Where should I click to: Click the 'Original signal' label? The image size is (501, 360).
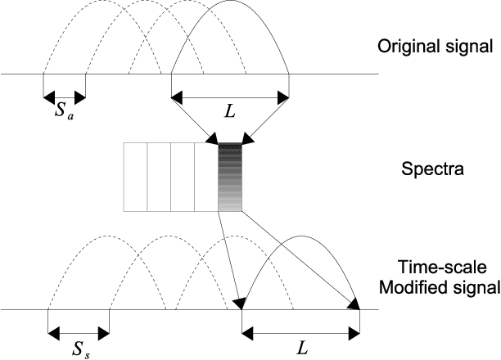click(434, 47)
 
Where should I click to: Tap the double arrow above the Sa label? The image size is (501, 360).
click(64, 97)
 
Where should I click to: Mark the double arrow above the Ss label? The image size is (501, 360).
click(79, 332)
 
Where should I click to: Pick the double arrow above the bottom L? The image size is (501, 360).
click(301, 332)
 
